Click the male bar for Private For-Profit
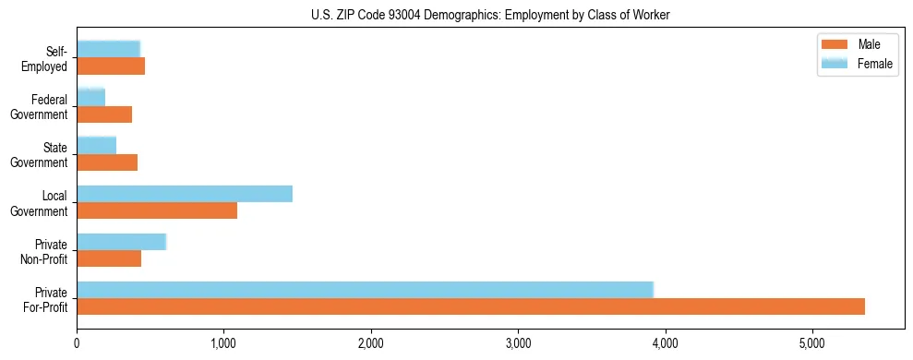471,306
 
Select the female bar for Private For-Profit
365,289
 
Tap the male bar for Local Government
157,210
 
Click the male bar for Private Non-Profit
109,258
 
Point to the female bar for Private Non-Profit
121,242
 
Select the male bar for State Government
107,162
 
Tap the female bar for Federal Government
90,97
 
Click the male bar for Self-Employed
111,66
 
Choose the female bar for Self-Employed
108,49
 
